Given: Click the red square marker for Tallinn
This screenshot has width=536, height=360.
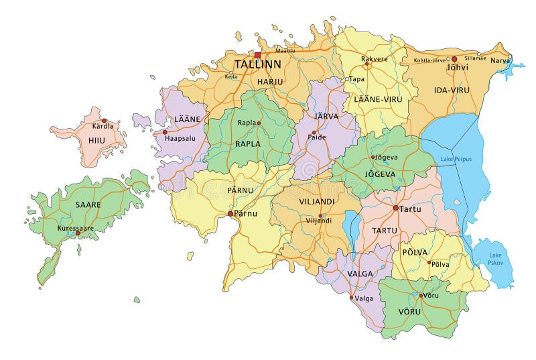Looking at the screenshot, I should [x=257, y=56].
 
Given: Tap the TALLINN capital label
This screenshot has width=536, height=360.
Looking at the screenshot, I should [x=257, y=65].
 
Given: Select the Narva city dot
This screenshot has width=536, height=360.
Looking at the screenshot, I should [x=509, y=56].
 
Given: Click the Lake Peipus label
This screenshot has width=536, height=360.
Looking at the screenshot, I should [x=456, y=159].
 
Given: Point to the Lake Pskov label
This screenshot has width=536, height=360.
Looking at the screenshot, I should [x=495, y=259].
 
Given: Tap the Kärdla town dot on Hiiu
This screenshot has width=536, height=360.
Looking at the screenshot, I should [x=104, y=121].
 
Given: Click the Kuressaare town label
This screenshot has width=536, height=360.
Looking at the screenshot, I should [x=76, y=228].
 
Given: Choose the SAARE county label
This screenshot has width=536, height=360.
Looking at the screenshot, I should [x=88, y=204].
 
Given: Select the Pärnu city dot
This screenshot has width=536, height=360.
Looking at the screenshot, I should [x=230, y=214].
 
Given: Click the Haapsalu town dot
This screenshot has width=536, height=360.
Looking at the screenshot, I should [x=165, y=132].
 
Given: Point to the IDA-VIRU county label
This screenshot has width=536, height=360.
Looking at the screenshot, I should [x=451, y=89].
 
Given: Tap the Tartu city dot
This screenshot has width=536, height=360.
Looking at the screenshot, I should [x=396, y=208].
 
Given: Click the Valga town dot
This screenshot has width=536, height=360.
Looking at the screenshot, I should [x=352, y=298].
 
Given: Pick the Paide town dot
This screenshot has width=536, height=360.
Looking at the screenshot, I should [x=314, y=132].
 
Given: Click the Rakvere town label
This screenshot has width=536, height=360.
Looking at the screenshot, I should [x=375, y=58].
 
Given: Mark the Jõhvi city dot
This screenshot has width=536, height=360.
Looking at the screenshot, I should [x=454, y=59].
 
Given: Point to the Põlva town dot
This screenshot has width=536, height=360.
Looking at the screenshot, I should [x=429, y=262].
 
